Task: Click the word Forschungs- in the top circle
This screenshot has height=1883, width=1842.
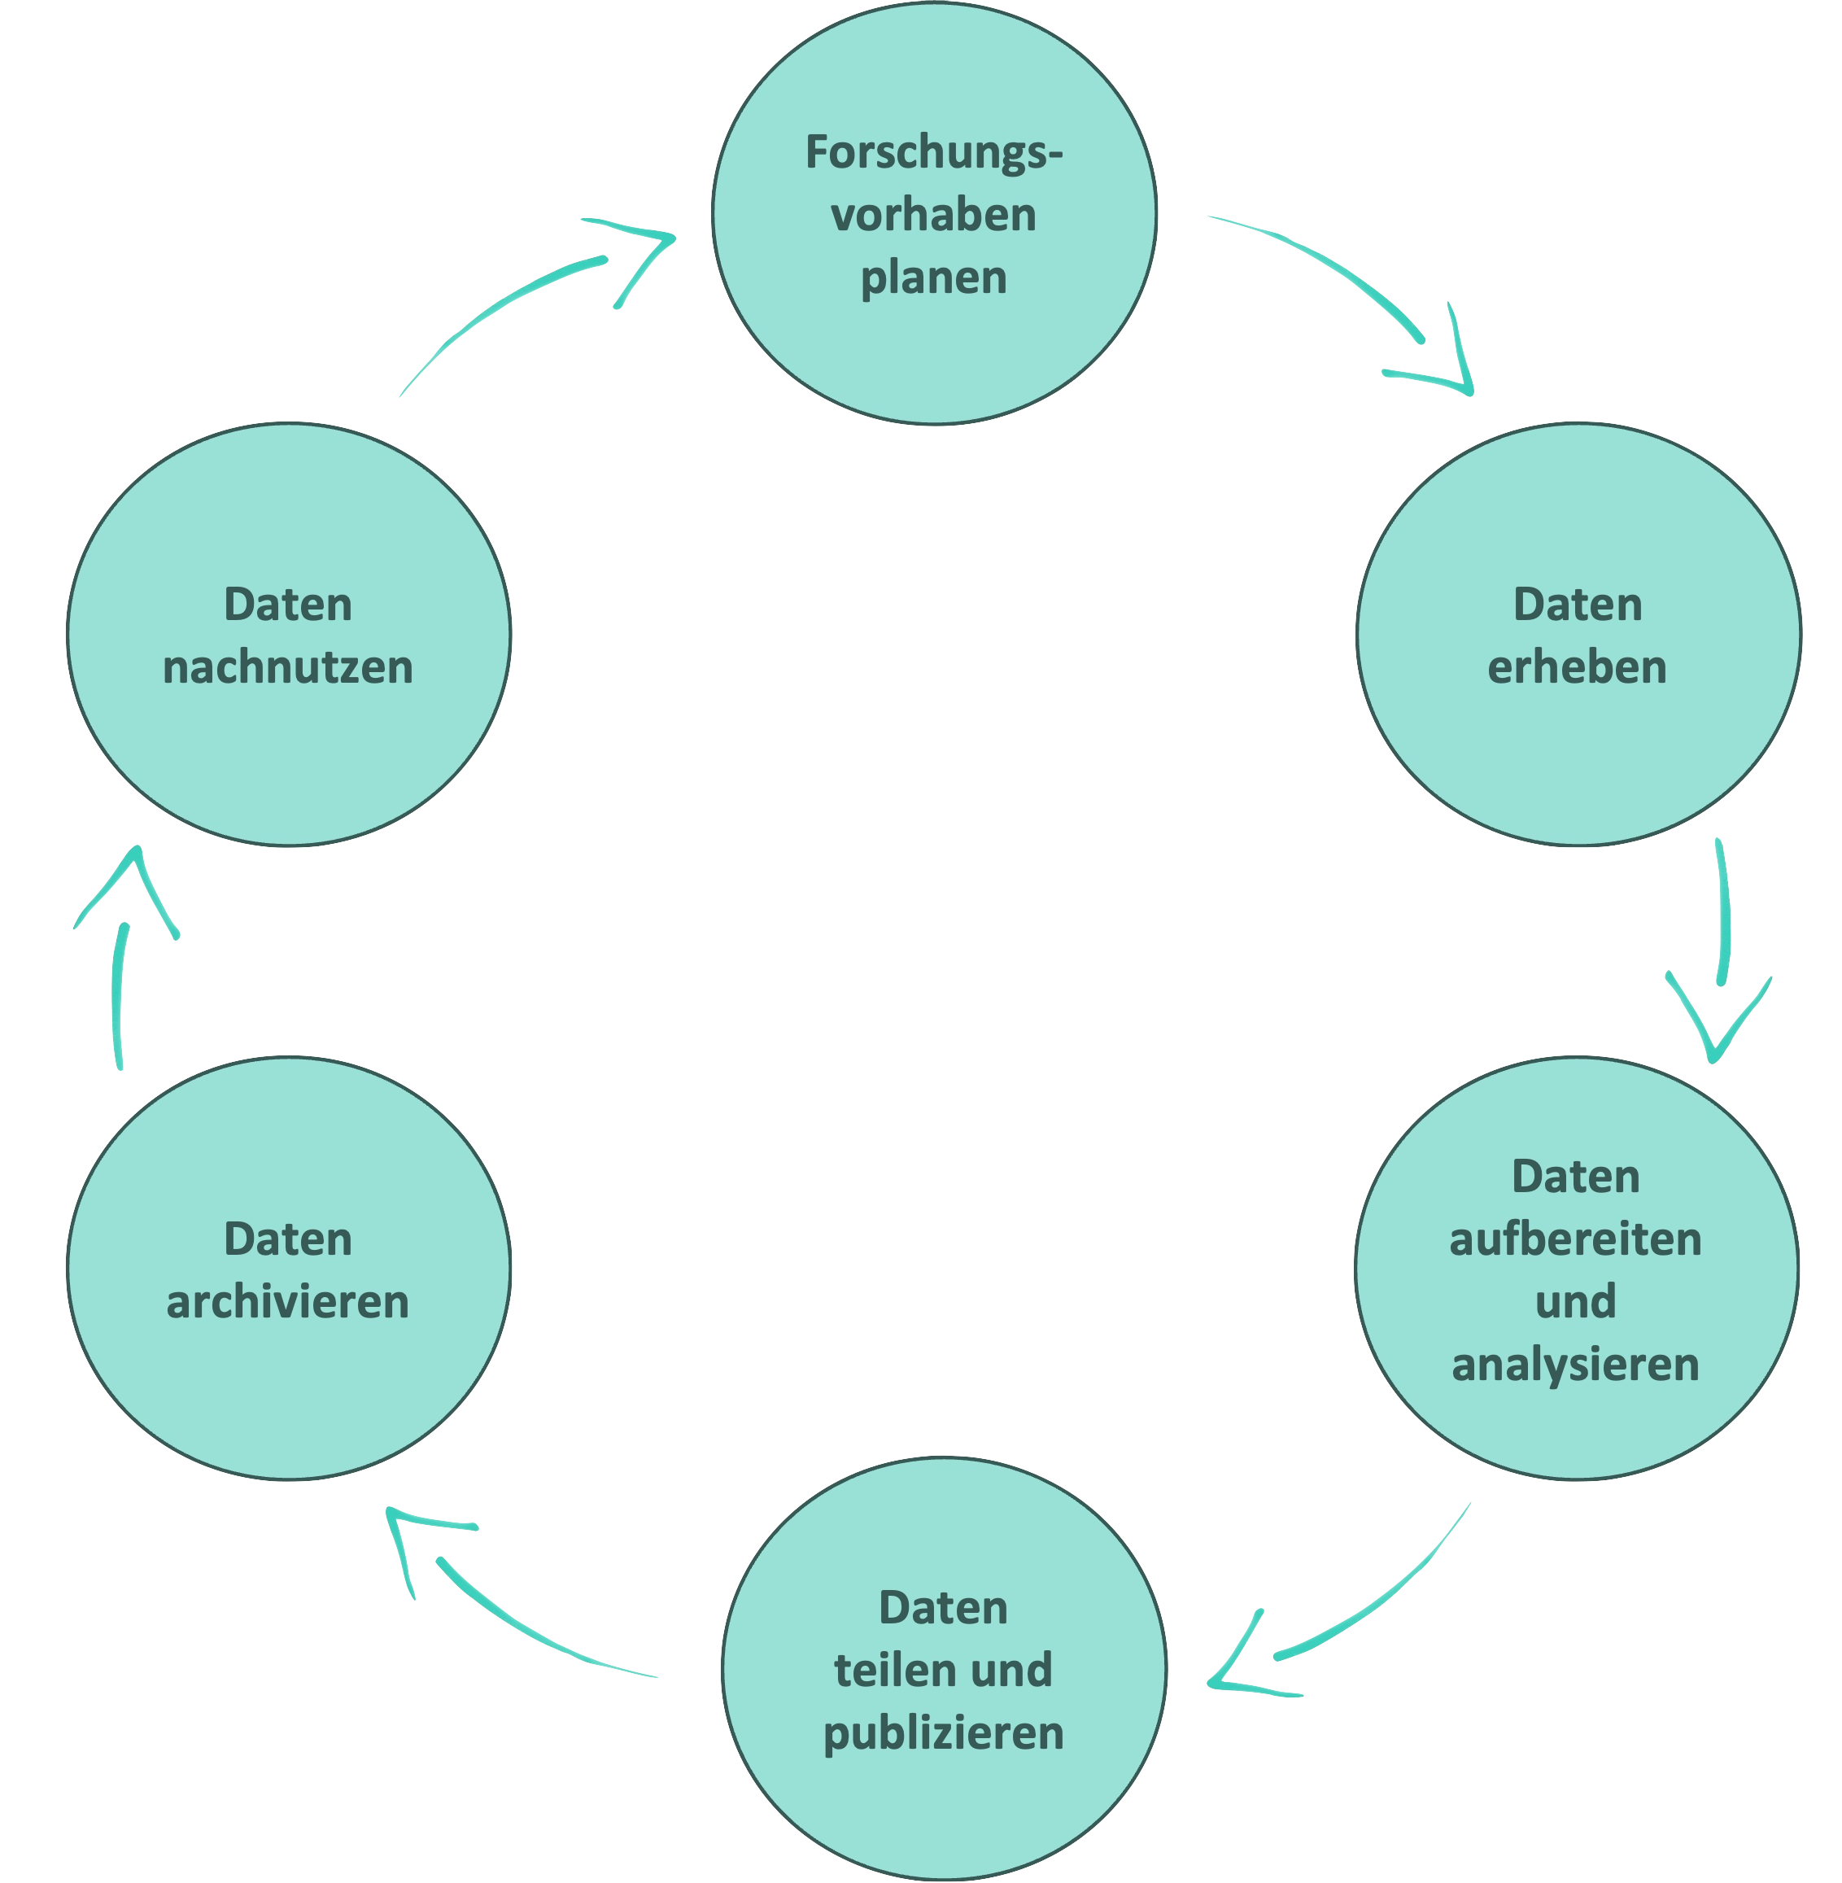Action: [x=932, y=154]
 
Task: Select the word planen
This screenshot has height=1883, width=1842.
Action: [x=933, y=278]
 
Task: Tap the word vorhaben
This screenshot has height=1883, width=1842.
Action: [x=933, y=215]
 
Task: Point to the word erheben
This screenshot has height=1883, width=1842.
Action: [x=1577, y=667]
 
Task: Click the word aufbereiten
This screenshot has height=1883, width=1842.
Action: [x=1575, y=1239]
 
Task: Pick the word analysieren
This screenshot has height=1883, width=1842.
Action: [x=1575, y=1365]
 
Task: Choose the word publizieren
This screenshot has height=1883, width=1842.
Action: [x=943, y=1732]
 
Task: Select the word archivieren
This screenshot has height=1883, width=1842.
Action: [x=287, y=1301]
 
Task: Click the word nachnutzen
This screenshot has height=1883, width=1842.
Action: [x=287, y=667]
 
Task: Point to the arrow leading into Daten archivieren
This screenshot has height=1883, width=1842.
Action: [x=503, y=1606]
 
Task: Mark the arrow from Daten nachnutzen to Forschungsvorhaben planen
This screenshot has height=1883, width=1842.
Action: [x=522, y=291]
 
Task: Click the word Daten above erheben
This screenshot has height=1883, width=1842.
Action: [x=1577, y=605]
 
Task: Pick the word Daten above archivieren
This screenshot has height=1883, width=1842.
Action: [x=287, y=1239]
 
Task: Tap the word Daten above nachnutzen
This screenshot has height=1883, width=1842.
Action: [x=287, y=605]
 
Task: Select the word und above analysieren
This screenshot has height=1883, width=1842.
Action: [x=1575, y=1301]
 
